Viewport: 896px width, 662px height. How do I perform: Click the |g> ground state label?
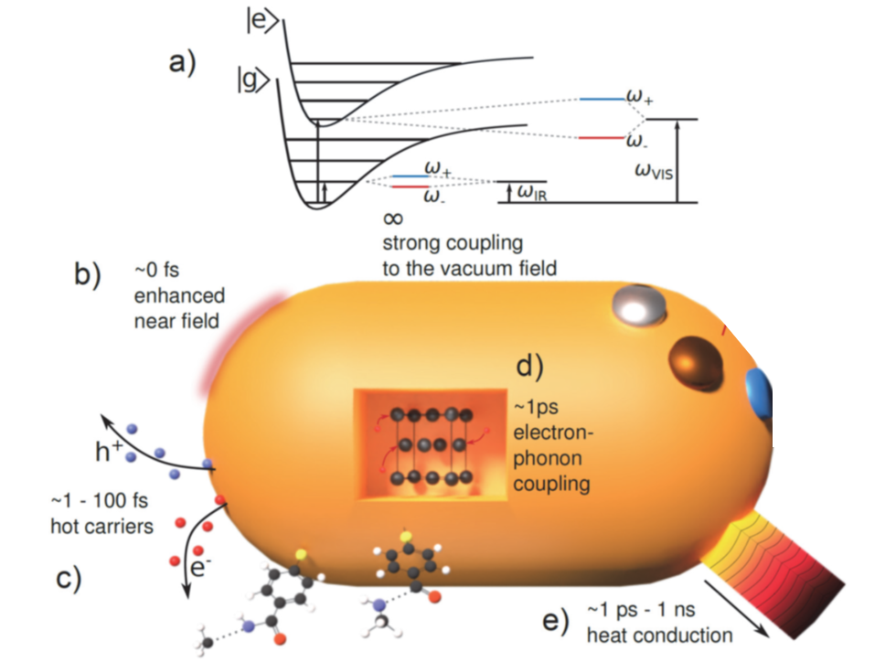pos(253,80)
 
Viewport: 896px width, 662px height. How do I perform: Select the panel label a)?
pos(182,62)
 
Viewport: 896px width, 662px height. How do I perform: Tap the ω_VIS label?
pos(654,171)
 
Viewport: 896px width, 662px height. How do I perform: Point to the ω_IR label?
pos(531,193)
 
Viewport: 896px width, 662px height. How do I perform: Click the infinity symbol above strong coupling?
pos(393,219)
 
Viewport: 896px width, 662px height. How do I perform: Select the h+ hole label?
pos(109,452)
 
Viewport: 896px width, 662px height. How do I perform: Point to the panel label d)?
pos(529,366)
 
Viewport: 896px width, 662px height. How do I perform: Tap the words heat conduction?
pos(659,635)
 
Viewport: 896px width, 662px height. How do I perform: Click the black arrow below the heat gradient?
pos(736,608)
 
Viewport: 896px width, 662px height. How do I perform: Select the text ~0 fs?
pos(156,269)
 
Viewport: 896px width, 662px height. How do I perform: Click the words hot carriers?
pos(101,526)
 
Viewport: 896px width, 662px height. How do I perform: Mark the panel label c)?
pos(69,579)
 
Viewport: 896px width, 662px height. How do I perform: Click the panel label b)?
pos(88,273)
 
